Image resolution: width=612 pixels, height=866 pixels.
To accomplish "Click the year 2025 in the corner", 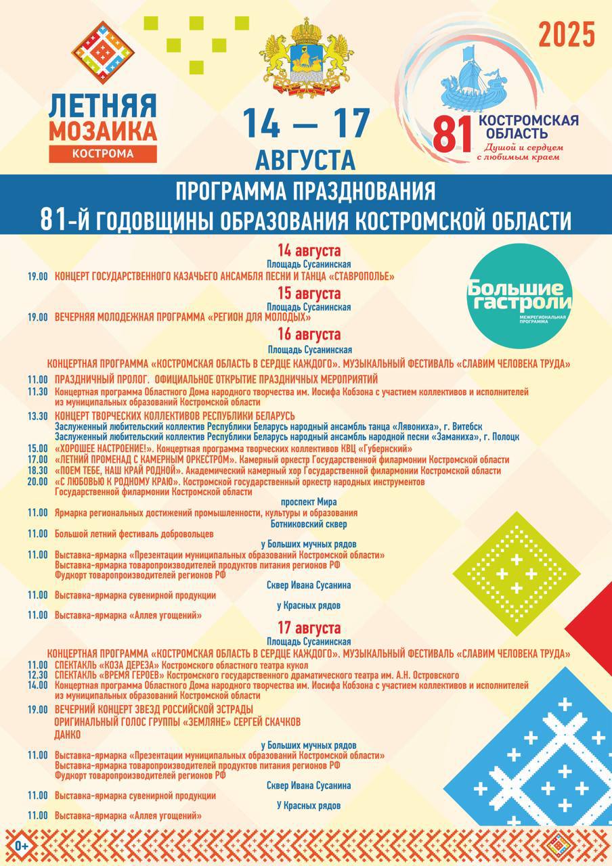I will tap(567, 35).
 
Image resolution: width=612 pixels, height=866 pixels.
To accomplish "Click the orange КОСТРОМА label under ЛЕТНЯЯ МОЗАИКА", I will tap(103, 153).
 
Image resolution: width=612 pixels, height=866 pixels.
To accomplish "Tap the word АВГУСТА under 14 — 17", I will tap(306, 160).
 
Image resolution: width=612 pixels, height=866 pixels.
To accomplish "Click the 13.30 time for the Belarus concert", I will tap(38, 415).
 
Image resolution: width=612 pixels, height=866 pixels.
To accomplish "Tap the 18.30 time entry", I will tap(38, 470).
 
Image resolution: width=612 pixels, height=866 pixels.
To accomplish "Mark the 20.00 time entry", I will tap(38, 482).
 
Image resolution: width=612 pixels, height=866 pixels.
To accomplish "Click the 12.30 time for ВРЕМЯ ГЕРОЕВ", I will tap(38, 675).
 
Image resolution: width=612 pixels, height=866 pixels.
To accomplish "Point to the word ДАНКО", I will tap(68, 734).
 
